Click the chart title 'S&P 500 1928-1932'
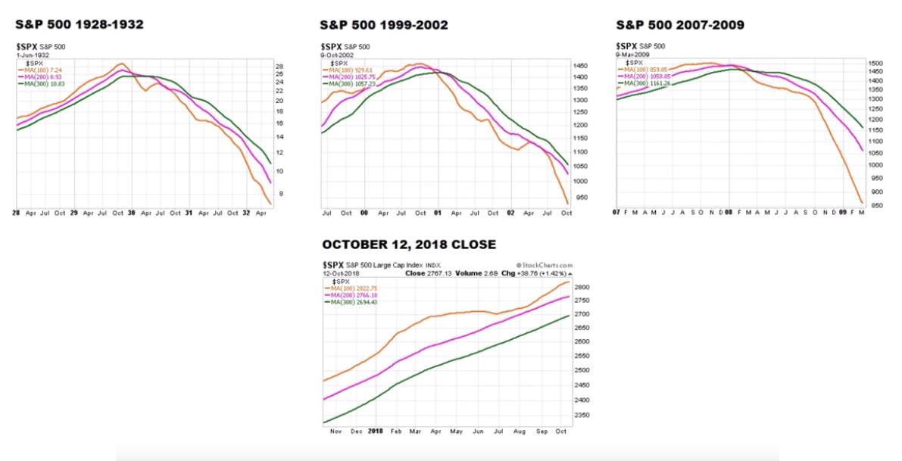coord(80,25)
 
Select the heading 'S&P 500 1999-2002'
coord(383,25)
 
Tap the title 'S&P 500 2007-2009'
coord(679,25)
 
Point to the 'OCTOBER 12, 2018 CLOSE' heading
coord(409,245)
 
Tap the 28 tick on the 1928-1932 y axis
coord(279,67)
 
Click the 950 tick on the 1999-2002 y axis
coord(580,198)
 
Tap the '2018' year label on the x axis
coord(375,431)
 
